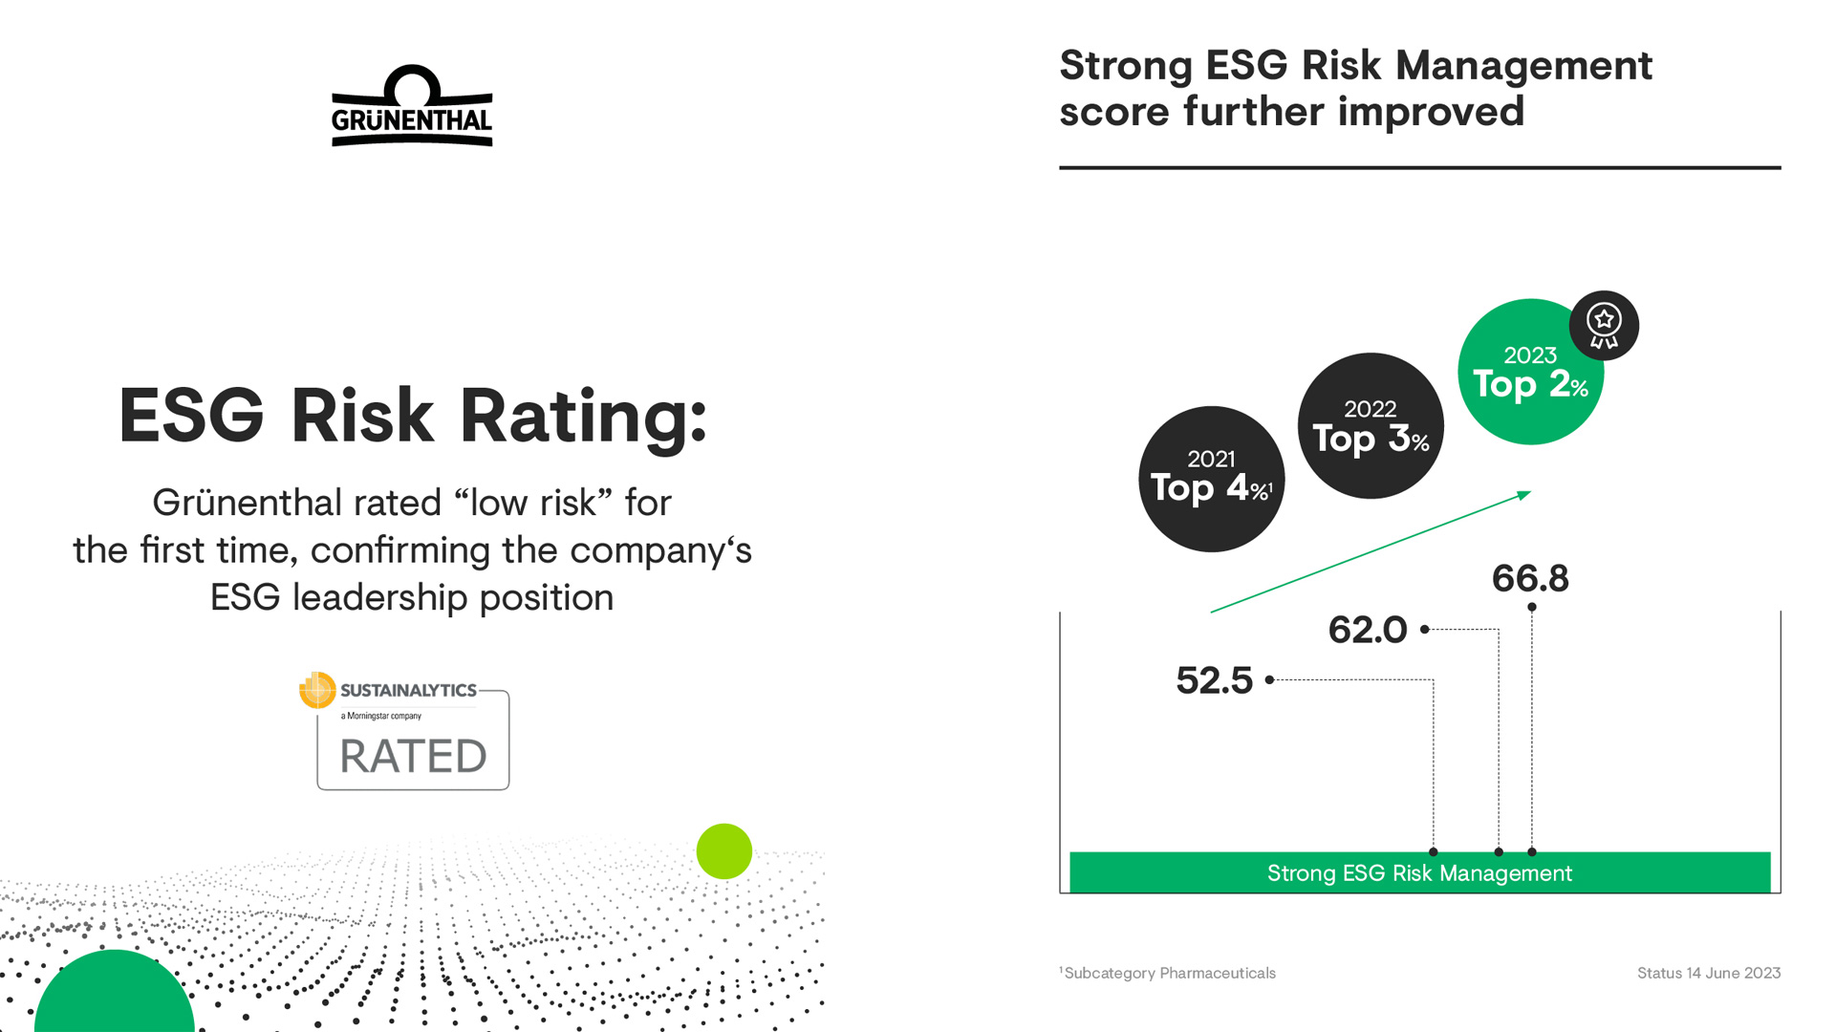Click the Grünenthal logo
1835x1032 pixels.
pyautogui.click(x=412, y=106)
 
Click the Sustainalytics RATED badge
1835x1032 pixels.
pyautogui.click(x=405, y=731)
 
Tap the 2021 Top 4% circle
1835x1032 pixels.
pyautogui.click(x=1211, y=479)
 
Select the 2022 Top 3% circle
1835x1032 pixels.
pyautogui.click(x=1371, y=425)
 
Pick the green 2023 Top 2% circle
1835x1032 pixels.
pyautogui.click(x=1529, y=372)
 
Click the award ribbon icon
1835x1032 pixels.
pyautogui.click(x=1604, y=326)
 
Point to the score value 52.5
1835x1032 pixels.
pyautogui.click(x=1214, y=680)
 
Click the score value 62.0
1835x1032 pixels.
pyautogui.click(x=1368, y=630)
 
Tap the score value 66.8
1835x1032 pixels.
pyautogui.click(x=1530, y=578)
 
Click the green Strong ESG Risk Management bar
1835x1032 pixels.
pyautogui.click(x=1419, y=872)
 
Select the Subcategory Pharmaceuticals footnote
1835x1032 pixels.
pyautogui.click(x=1167, y=973)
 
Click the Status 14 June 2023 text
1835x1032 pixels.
pyautogui.click(x=1709, y=973)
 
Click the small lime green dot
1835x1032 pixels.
pyautogui.click(x=724, y=851)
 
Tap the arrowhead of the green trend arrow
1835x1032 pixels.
pyautogui.click(x=1524, y=495)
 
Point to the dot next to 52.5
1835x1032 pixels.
pyautogui.click(x=1269, y=680)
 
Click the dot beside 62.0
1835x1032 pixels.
pyautogui.click(x=1424, y=630)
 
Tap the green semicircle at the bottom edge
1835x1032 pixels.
pyautogui.click(x=115, y=994)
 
